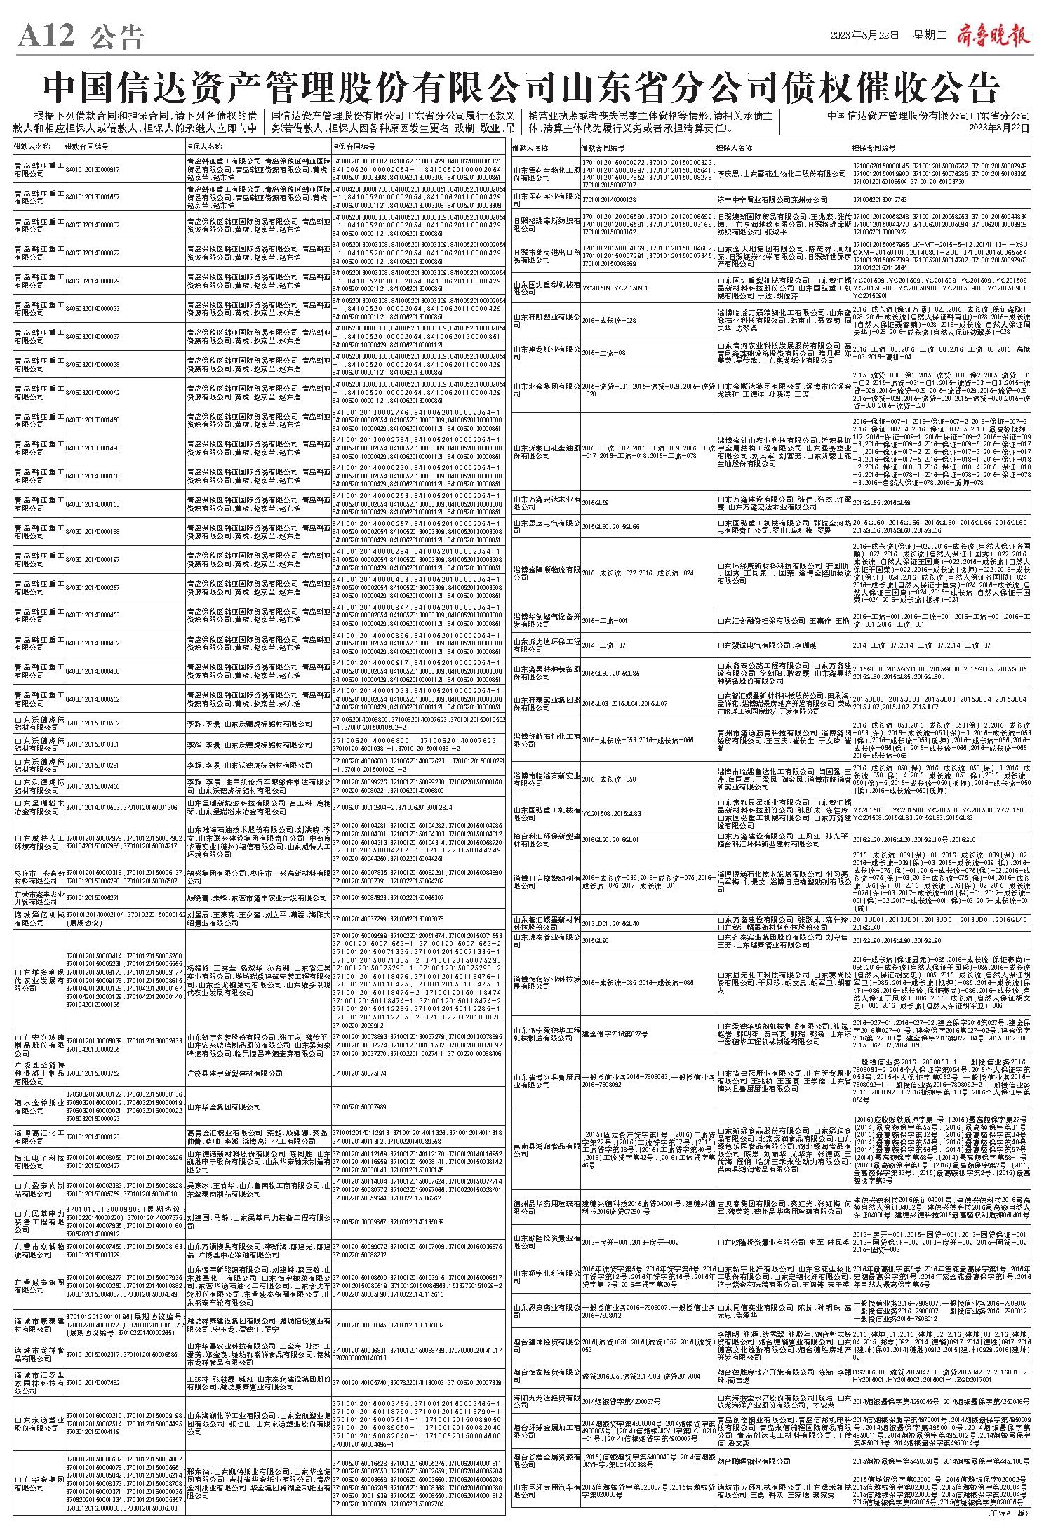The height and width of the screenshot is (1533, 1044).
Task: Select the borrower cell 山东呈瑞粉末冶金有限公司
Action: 39,807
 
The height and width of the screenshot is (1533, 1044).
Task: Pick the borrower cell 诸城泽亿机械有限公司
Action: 39,918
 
